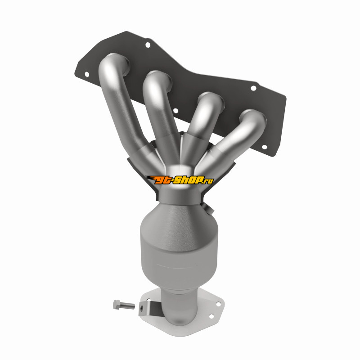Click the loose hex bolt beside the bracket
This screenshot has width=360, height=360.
[124, 305]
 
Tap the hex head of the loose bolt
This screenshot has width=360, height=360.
[117, 305]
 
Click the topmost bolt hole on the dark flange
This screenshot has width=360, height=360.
[148, 45]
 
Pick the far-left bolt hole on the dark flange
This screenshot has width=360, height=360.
[87, 74]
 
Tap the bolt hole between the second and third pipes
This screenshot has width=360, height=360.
[175, 111]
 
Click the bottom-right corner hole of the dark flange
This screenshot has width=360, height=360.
[265, 147]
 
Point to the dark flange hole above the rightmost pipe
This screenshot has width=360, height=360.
[253, 88]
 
